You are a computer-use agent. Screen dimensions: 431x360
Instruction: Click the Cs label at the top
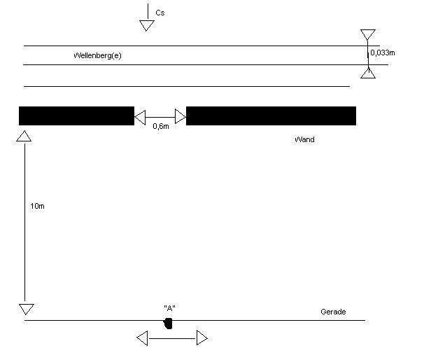[160, 13]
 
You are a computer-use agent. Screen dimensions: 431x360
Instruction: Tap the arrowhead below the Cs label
[147, 26]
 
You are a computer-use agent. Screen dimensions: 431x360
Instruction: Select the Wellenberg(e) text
[97, 55]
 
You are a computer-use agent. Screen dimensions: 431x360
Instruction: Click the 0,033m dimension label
[383, 53]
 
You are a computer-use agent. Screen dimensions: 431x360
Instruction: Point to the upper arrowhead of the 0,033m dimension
[368, 35]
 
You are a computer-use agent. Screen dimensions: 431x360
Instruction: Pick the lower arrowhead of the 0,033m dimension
[368, 74]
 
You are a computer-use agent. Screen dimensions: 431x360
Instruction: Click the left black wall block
[76, 116]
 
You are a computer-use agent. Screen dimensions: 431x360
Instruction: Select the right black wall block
[271, 116]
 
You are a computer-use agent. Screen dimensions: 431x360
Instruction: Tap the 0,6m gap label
[161, 126]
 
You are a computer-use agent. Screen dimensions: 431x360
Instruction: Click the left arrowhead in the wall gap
[140, 118]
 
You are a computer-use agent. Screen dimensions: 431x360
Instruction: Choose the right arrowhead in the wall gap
[181, 116]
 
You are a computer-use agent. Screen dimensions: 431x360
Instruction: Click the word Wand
[304, 139]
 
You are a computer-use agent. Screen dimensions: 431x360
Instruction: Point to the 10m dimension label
[37, 206]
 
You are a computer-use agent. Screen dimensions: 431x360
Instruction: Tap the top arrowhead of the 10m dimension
[24, 137]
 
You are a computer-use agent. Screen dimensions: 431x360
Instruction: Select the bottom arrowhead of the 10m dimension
[27, 309]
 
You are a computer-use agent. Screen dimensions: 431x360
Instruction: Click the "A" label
[169, 308]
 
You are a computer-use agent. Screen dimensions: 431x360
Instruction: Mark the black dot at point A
[168, 324]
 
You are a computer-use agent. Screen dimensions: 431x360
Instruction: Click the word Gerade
[333, 312]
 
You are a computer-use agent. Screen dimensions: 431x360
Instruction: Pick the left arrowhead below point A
[143, 338]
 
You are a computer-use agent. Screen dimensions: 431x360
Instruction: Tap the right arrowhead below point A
[202, 338]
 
